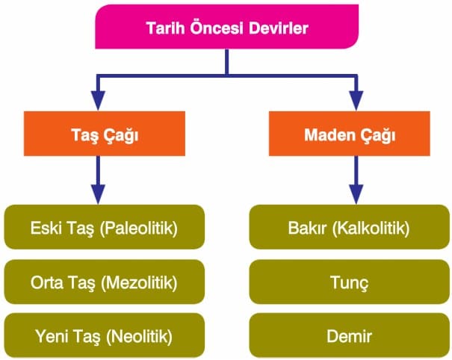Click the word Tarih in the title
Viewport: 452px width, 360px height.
tap(165, 28)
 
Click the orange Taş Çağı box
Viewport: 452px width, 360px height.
tap(105, 134)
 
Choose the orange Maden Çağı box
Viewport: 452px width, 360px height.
tap(350, 134)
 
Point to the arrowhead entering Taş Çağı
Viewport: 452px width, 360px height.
tap(98, 100)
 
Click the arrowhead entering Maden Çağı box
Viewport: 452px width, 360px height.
tap(356, 100)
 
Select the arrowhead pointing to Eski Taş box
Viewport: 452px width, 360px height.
tap(98, 194)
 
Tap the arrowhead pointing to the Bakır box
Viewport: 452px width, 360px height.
tap(356, 194)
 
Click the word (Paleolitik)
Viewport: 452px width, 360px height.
tap(139, 229)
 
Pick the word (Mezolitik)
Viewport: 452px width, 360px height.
tap(139, 282)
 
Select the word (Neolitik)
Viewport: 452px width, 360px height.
tap(139, 336)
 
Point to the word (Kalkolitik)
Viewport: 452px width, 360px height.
tap(371, 229)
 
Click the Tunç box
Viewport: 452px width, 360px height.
tap(350, 282)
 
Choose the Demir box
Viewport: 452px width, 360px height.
tap(350, 335)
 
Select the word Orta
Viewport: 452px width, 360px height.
tap(47, 282)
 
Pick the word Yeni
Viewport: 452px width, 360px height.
tap(52, 336)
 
